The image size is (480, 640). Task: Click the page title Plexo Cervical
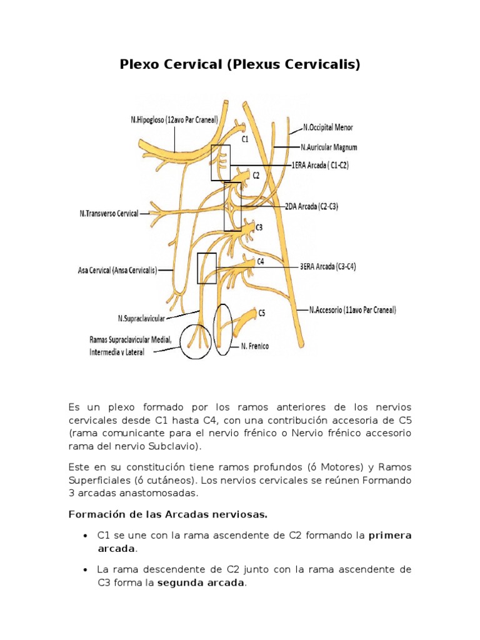240,64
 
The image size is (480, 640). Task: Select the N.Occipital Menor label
328,127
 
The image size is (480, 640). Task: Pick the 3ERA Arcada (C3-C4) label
327,266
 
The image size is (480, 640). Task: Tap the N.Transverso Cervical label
109,213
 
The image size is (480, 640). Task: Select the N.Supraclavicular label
141,318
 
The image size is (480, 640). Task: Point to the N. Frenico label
254,346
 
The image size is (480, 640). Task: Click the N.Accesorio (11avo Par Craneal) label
352,309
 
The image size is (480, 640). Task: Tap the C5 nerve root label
261,314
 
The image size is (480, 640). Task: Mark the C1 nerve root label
245,140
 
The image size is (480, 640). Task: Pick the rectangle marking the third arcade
206,268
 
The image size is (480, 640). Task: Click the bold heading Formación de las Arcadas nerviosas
167,514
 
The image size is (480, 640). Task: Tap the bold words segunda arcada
201,583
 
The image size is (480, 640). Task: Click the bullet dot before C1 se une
84,536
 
